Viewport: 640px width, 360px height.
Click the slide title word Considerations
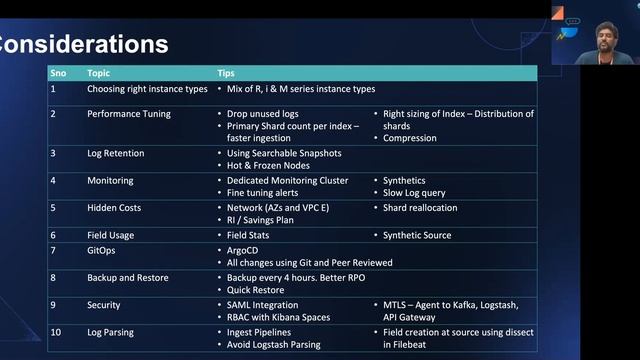click(84, 45)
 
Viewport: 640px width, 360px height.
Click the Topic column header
click(99, 73)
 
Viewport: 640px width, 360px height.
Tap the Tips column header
click(227, 73)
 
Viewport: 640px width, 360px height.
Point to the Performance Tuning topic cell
click(129, 114)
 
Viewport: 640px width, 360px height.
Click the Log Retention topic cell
click(116, 153)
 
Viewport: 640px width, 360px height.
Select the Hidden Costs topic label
click(114, 208)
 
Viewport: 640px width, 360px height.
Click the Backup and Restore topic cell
click(128, 277)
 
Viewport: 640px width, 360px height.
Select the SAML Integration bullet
click(263, 305)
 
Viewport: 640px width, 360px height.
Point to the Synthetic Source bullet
click(417, 236)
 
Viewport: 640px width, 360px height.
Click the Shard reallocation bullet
click(420, 208)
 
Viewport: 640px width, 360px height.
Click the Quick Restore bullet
click(256, 290)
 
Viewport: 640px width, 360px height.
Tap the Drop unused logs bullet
click(262, 114)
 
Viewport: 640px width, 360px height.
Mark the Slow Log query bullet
click(416, 193)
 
